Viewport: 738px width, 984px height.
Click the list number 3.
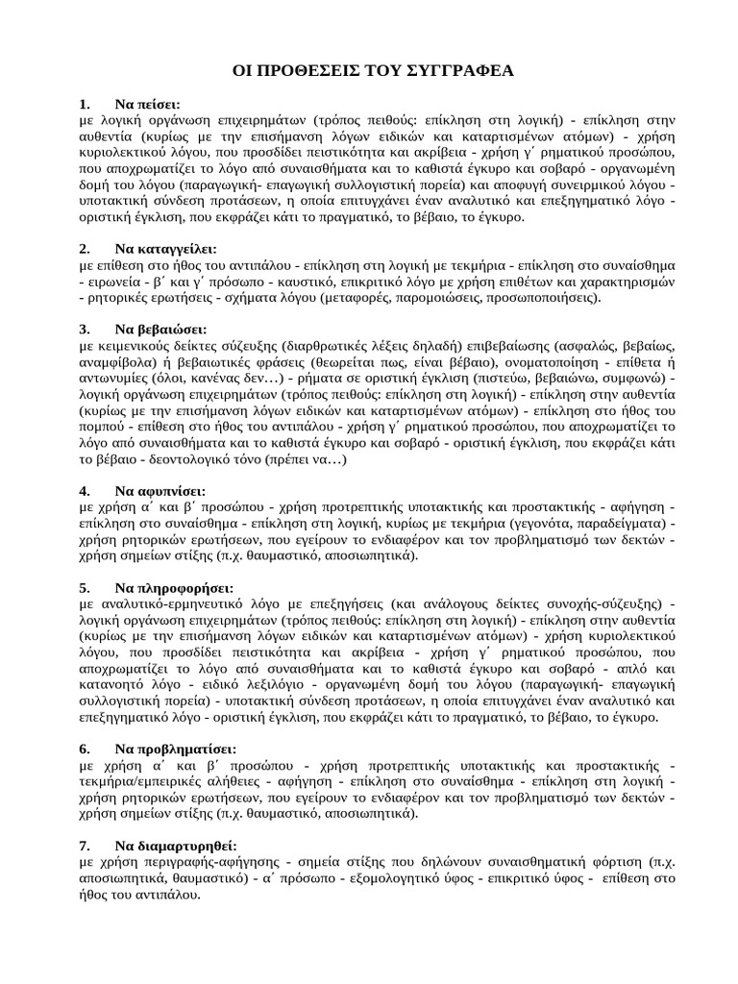85,329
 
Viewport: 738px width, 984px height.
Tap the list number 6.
85,749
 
